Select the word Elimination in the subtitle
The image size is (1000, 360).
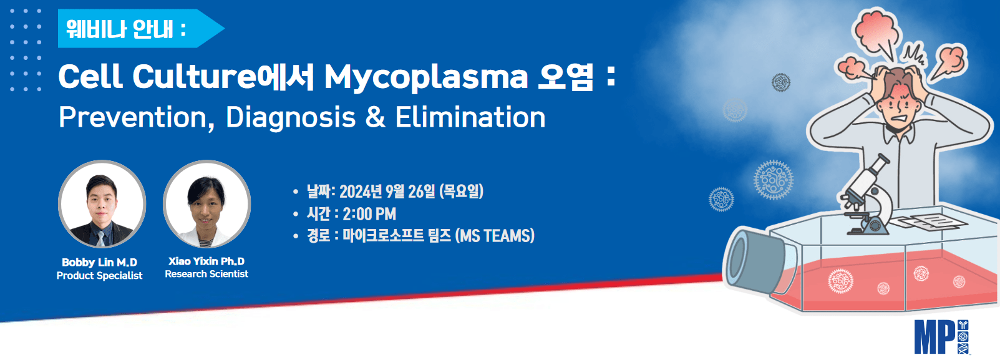coord(470,117)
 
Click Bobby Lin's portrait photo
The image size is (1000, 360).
coord(102,203)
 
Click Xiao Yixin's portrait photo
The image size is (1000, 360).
coord(206,203)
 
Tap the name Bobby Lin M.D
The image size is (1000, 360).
coord(100,262)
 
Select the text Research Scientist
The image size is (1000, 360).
coord(206,274)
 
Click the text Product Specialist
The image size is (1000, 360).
coord(100,276)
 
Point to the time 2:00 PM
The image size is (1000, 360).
coord(369,214)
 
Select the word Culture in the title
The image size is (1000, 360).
coord(195,76)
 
